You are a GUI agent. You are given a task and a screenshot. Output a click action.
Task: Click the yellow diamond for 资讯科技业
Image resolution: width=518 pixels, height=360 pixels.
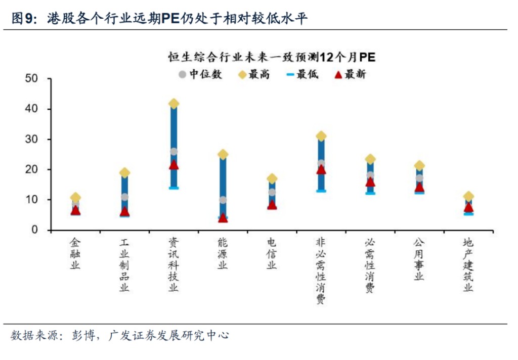point(174,104)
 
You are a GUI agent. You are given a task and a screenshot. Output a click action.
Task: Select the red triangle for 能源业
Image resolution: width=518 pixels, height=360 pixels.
point(223,218)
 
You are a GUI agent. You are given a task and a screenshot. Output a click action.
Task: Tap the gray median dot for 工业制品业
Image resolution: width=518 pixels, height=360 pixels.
point(124,197)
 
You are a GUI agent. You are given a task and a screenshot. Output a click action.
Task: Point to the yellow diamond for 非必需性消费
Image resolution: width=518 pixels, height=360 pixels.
point(321,136)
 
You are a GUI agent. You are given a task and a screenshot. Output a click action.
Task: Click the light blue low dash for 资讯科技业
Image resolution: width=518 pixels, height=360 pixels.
point(174,188)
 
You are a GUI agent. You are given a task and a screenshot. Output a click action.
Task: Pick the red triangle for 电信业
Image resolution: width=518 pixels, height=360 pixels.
point(272,205)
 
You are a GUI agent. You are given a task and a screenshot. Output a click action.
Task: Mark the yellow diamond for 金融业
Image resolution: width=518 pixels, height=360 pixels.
point(75,197)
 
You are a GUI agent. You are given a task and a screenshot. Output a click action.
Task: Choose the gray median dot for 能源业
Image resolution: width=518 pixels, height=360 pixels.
point(223,200)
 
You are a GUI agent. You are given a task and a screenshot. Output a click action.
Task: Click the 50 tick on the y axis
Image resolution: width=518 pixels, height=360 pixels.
point(31,79)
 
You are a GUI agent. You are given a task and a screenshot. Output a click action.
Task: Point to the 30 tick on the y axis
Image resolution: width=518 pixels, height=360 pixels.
point(31,139)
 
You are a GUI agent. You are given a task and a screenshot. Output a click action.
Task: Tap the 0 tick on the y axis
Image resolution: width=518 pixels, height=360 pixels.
point(34,230)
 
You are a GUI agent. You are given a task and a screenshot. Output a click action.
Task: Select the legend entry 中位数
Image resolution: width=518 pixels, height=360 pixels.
point(200,74)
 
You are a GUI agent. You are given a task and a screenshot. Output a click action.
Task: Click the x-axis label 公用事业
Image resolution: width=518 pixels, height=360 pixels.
point(419,259)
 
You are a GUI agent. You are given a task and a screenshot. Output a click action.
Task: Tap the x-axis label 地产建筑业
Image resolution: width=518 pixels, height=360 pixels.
point(468,265)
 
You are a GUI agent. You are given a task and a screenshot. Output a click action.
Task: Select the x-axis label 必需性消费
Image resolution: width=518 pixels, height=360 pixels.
point(370,265)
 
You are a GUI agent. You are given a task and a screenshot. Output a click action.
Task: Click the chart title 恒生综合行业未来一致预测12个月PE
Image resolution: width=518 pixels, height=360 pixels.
point(272,57)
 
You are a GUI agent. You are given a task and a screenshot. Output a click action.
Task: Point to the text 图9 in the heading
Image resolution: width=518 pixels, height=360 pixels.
point(22,19)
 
